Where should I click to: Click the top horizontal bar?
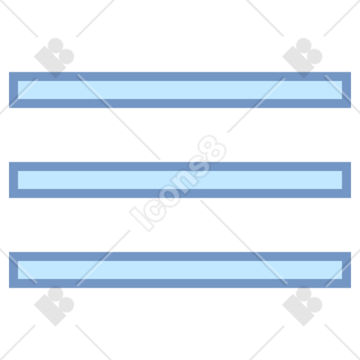click(x=180, y=90)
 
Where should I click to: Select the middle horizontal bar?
click(x=180, y=180)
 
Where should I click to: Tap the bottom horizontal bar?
click(x=180, y=270)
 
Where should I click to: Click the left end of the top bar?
click(x=9, y=90)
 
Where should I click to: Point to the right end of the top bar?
click(x=351, y=90)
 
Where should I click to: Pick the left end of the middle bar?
click(x=9, y=180)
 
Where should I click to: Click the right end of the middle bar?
click(x=351, y=180)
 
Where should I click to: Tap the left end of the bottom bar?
click(x=9, y=270)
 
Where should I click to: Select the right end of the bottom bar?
click(x=351, y=270)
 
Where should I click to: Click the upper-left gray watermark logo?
click(x=54, y=58)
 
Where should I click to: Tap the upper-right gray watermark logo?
click(x=302, y=58)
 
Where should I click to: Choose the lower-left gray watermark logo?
click(x=54, y=306)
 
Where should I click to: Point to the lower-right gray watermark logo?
click(x=302, y=306)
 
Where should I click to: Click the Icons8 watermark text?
click(x=178, y=184)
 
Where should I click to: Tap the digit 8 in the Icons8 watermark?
click(x=212, y=149)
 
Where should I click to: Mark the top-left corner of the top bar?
click(x=9, y=72)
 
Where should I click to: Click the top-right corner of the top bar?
click(x=351, y=72)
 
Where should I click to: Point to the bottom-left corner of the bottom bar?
click(x=9, y=288)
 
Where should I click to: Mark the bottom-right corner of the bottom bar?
click(x=351, y=288)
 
